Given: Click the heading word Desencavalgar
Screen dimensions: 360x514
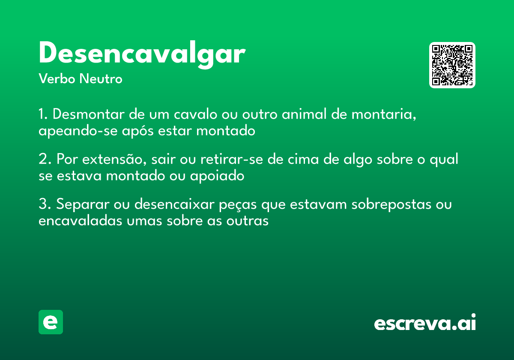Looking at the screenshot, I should (142, 54).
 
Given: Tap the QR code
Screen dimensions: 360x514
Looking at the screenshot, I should (452, 65).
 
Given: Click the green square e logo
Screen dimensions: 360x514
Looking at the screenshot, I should (51, 322).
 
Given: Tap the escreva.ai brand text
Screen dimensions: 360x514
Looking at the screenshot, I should (425, 323).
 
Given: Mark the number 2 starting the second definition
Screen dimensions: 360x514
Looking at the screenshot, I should (43, 159).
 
